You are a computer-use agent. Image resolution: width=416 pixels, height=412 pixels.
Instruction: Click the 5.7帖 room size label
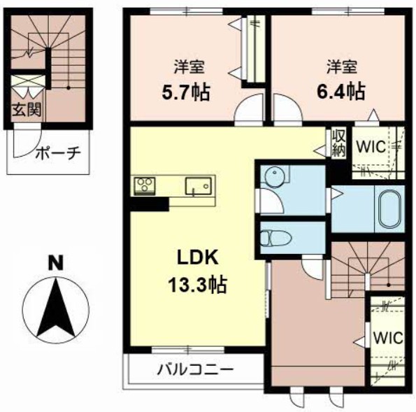pyautogui.click(x=186, y=92)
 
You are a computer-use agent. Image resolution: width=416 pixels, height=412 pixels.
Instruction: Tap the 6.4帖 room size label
pyautogui.click(x=341, y=92)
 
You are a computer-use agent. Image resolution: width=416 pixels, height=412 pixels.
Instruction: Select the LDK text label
pyautogui.click(x=198, y=257)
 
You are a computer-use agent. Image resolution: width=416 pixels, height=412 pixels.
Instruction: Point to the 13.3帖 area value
pyautogui.click(x=197, y=284)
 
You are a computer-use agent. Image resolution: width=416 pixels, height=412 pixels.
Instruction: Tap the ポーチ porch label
pyautogui.click(x=58, y=153)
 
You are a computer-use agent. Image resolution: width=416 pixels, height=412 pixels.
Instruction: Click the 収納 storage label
pyautogui.click(x=339, y=143)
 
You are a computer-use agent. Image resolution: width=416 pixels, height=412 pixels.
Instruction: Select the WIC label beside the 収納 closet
pyautogui.click(x=371, y=146)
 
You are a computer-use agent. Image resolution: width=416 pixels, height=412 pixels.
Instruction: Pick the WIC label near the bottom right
pyautogui.click(x=388, y=338)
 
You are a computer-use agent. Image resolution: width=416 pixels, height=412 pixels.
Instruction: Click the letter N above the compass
pyautogui.click(x=56, y=263)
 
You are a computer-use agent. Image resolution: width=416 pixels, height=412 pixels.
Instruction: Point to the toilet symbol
pyautogui.click(x=275, y=237)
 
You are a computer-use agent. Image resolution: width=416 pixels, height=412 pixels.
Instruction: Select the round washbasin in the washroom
pyautogui.click(x=275, y=175)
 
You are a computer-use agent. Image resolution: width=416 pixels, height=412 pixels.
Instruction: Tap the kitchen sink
pyautogui.click(x=199, y=186)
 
